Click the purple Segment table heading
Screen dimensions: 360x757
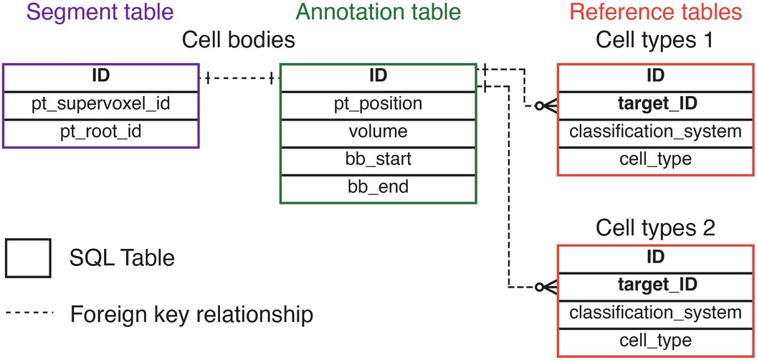pos(100,13)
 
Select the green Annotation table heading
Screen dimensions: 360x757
pos(378,13)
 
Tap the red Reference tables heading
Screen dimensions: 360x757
pos(654,13)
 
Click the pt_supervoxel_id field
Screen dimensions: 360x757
pos(100,104)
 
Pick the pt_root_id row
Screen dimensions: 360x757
pos(100,133)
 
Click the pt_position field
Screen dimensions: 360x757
pos(378,104)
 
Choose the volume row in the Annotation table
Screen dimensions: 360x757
pos(378,132)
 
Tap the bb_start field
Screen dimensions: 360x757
pos(378,160)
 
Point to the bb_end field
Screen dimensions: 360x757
pos(378,188)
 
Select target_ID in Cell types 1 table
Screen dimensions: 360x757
pos(654,104)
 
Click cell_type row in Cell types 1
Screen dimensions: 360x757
pos(654,158)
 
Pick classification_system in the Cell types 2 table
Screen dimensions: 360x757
pos(654,313)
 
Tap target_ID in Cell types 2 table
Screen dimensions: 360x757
pos(654,285)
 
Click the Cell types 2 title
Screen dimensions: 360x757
pos(654,230)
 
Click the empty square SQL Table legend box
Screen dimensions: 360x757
pos(27,257)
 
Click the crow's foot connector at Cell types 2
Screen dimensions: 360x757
pos(546,286)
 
